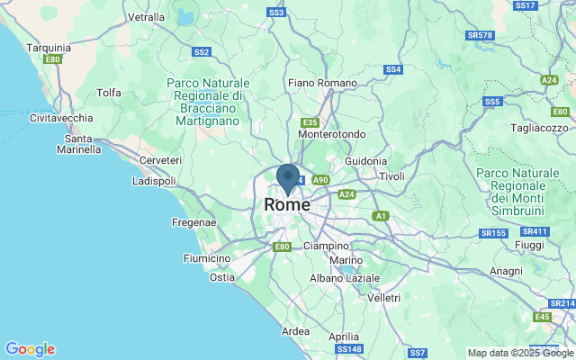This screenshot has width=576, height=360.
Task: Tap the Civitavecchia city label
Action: [x=60, y=118]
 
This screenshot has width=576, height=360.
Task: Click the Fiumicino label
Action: [x=207, y=258]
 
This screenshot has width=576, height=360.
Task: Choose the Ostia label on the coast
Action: [x=222, y=277]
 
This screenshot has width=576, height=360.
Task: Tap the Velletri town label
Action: [x=383, y=297]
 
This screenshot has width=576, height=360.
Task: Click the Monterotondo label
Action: [x=331, y=134]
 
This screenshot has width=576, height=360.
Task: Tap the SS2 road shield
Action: [x=201, y=52]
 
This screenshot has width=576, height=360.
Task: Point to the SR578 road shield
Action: [x=481, y=35]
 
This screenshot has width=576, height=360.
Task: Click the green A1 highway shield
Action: [x=381, y=216]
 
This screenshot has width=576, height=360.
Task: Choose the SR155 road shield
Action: [x=493, y=233]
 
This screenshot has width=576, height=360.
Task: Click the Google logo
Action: [x=30, y=349]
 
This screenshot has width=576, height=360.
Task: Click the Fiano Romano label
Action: [x=323, y=83]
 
